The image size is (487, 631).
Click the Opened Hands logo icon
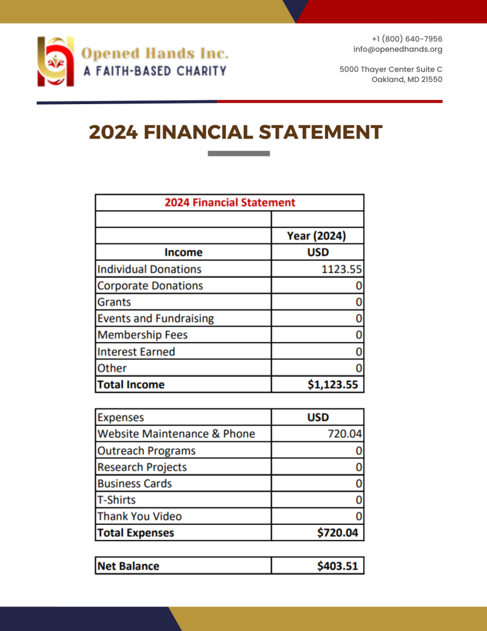coord(55,62)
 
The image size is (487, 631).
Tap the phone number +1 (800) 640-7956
coord(407,39)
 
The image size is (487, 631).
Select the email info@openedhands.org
coord(398,49)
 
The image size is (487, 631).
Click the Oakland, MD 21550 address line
coord(407,79)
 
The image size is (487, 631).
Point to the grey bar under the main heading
coord(239,153)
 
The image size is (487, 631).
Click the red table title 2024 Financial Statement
coord(230,202)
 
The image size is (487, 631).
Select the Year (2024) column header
coord(316,235)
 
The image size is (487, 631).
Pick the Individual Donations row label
coord(150,269)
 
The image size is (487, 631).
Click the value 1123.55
coord(342,269)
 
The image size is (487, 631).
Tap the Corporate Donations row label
coord(150,286)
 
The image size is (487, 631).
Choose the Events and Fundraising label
coord(156,319)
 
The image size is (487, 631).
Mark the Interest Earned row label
coord(136,352)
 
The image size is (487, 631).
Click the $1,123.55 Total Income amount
coord(332,385)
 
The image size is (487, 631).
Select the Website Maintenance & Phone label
coord(176,434)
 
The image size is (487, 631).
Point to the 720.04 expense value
coord(345,434)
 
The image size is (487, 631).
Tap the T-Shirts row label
coord(116,500)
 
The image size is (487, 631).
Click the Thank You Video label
coord(140,516)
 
